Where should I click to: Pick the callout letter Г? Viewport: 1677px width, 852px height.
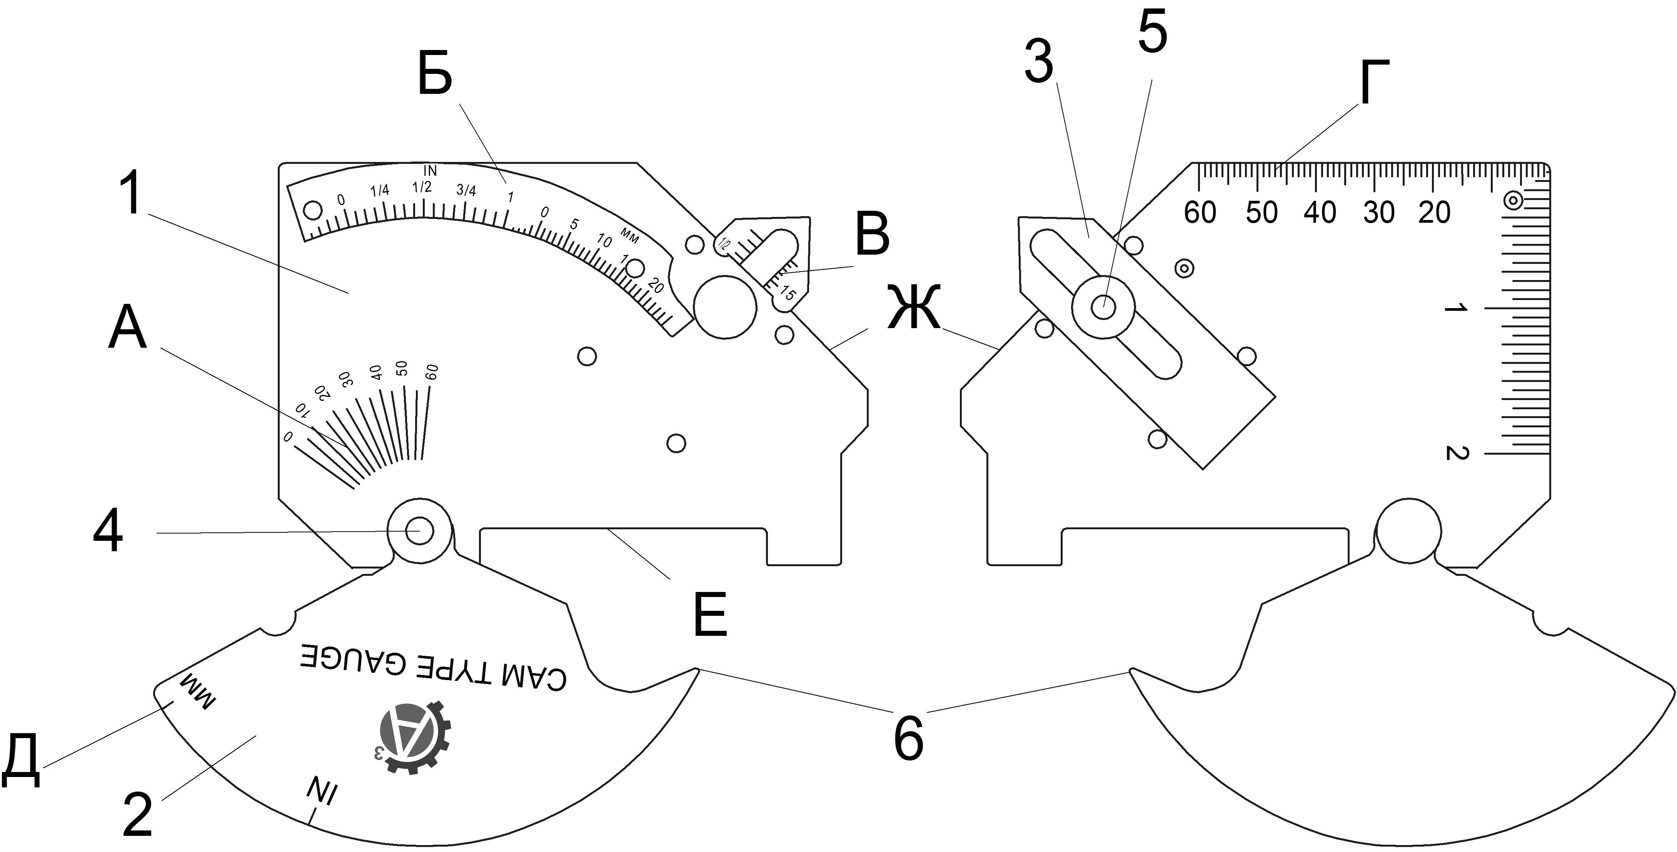coord(1374,83)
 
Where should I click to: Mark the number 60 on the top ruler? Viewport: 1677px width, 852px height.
coord(1200,213)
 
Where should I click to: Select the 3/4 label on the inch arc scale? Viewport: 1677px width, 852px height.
coord(466,190)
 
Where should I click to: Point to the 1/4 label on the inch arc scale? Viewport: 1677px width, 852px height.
coord(380,191)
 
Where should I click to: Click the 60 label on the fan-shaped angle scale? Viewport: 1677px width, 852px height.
coord(432,372)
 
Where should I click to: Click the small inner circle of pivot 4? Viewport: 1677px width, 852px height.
coord(420,530)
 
